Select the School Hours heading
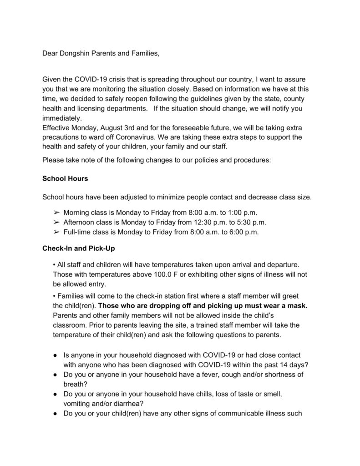click(65, 179)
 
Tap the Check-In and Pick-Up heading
click(77, 248)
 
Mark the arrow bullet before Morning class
click(57, 213)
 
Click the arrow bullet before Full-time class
click(57, 232)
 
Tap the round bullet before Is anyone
click(54, 355)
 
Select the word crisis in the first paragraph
click(126, 80)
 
